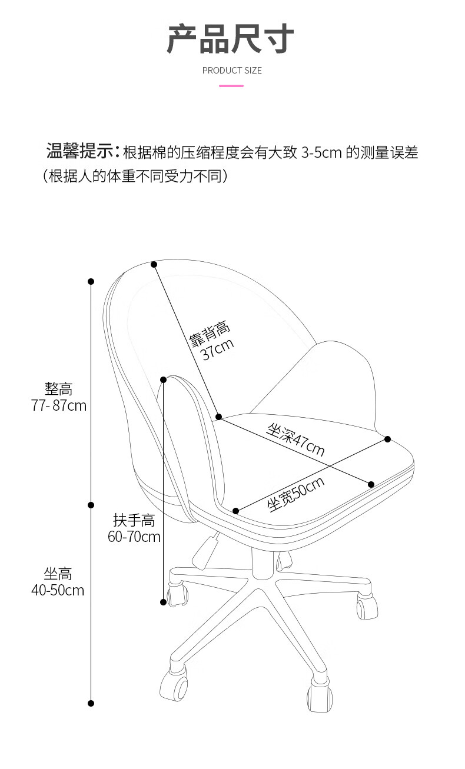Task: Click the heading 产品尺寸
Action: click(231, 40)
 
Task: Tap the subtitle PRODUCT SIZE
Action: click(232, 71)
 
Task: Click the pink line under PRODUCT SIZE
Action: click(231, 86)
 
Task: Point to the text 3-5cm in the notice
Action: click(321, 153)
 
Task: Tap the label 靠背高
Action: click(210, 334)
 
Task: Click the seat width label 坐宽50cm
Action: click(296, 494)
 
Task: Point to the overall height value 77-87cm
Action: click(59, 405)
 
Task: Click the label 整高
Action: click(59, 389)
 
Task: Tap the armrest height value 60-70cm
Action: click(134, 537)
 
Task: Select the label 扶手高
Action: click(134, 520)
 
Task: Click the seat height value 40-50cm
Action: click(58, 590)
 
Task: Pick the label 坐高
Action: click(58, 574)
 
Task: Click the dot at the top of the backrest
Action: click(154, 264)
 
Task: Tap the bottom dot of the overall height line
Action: click(91, 703)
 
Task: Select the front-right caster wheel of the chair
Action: click(320, 698)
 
